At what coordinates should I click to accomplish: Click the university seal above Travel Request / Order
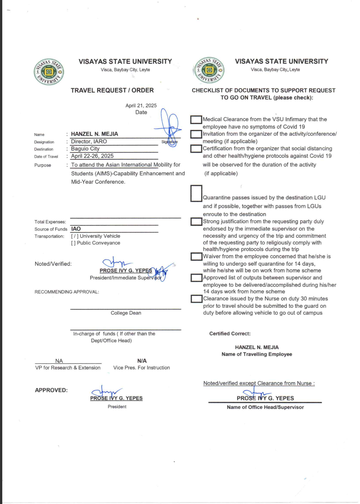[49, 72]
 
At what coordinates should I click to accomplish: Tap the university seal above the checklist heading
[209, 70]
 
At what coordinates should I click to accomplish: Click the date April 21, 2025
[141, 105]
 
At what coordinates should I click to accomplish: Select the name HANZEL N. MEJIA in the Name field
[94, 134]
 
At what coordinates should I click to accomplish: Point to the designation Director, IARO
[89, 141]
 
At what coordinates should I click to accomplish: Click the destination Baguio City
[85, 149]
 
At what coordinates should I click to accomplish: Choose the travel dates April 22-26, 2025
[92, 156]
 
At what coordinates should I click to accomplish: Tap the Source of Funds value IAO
[76, 229]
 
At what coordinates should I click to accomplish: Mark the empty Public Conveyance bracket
[73, 243]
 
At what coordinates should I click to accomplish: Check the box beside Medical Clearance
[196, 120]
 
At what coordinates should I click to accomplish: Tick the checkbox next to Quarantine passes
[196, 194]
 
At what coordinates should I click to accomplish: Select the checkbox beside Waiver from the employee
[196, 257]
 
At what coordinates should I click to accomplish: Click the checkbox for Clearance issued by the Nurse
[196, 299]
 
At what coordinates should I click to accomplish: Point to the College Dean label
[126, 313]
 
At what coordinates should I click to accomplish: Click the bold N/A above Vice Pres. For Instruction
[142, 361]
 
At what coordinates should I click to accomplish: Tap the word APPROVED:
[51, 390]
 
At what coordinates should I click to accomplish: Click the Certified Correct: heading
[230, 334]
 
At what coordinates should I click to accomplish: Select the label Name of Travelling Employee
[257, 354]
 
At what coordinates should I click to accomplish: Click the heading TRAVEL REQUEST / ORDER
[112, 90]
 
